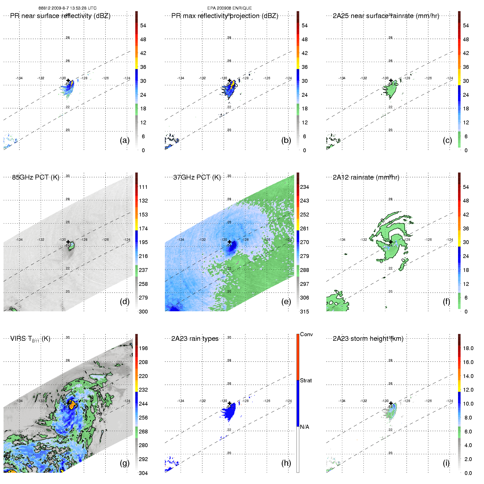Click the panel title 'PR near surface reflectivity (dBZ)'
[x=60, y=16]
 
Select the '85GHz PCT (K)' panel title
[x=36, y=177]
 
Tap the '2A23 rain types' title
[x=195, y=339]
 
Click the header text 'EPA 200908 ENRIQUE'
[x=229, y=8]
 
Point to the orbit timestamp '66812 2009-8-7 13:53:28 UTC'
[x=68, y=8]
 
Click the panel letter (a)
[x=124, y=140]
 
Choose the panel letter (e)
[x=286, y=301]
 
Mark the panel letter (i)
[x=446, y=463]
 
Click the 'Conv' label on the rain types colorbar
[x=306, y=334]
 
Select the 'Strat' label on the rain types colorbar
[x=306, y=380]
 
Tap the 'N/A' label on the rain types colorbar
[x=304, y=427]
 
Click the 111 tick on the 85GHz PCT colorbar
[x=143, y=187]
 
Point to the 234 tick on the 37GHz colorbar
[x=304, y=187]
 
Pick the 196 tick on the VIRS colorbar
[x=143, y=348]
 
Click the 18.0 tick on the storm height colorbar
[x=468, y=348]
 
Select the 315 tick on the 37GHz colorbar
[x=304, y=312]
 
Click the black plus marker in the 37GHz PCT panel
[x=230, y=242]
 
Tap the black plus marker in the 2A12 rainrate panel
[x=391, y=242]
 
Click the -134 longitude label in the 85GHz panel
[x=19, y=240]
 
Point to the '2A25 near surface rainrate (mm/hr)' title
[x=386, y=16]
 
